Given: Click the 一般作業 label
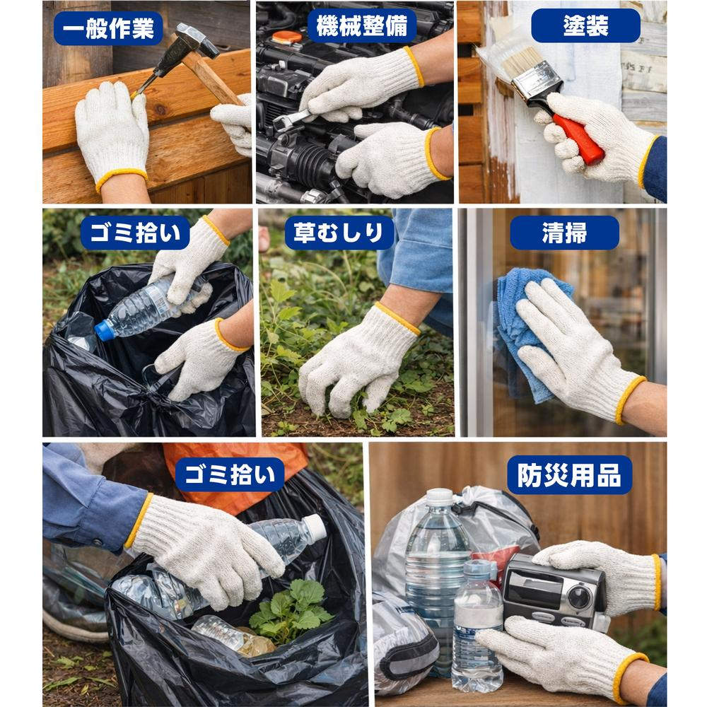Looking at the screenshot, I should coord(107,28).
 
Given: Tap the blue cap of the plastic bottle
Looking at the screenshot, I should coord(105,330).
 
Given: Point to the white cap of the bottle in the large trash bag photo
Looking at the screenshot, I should coord(315,527).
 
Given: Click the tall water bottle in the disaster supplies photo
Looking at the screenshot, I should coord(437,559).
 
